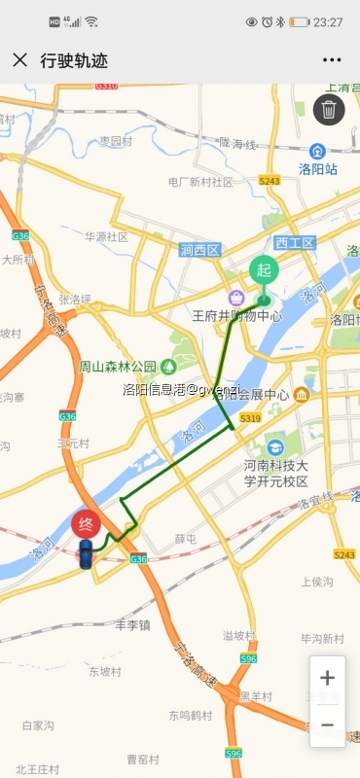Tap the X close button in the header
tap(19, 60)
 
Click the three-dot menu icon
tap(331, 60)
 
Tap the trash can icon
tap(330, 110)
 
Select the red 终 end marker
tap(86, 525)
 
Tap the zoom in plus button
tap(327, 678)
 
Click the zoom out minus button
tap(327, 725)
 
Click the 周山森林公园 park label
tap(118, 367)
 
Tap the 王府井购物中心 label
tap(236, 315)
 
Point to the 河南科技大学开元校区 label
tap(275, 474)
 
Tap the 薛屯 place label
tap(185, 538)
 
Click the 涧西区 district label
tap(200, 250)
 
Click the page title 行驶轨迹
tap(74, 60)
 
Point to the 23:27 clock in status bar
tap(327, 21)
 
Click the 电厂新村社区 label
tap(200, 182)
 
